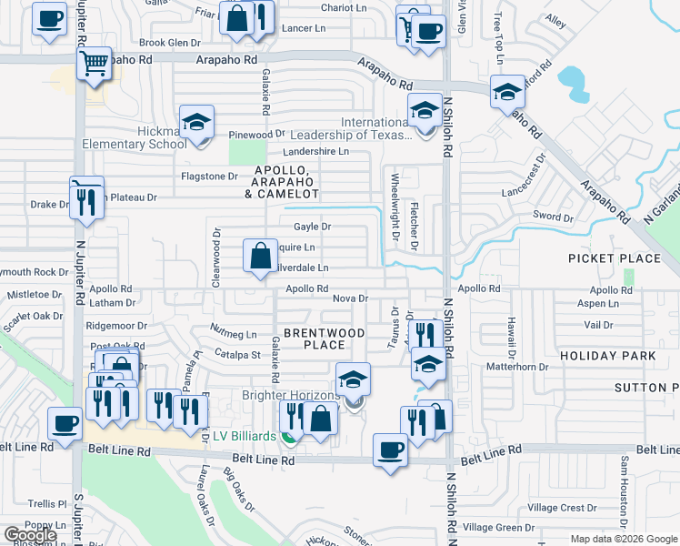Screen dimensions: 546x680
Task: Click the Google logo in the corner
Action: (x=29, y=535)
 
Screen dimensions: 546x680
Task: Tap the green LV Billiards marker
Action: (x=289, y=437)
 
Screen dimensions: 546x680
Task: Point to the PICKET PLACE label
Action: (x=615, y=258)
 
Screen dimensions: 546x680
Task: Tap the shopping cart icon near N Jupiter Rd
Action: (x=94, y=63)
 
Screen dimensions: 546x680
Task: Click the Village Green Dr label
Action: (x=498, y=528)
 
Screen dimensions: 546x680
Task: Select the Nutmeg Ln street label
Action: (x=234, y=335)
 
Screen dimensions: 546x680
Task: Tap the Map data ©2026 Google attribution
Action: (x=623, y=539)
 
